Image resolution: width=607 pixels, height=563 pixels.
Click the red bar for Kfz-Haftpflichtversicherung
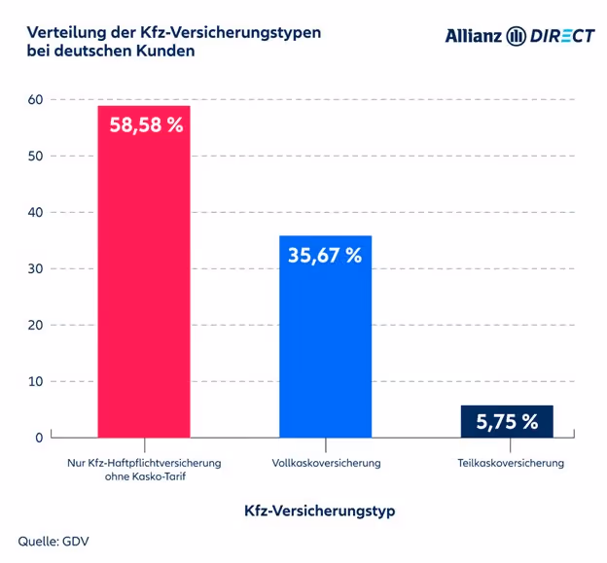point(143,292)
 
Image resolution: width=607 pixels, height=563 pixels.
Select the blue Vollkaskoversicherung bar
point(325,350)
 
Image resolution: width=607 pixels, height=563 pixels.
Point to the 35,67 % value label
point(325,256)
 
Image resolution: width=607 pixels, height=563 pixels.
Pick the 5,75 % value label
point(507,422)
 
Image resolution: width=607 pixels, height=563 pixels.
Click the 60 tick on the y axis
point(35,99)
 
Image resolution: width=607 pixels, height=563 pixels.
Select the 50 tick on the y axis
point(35,156)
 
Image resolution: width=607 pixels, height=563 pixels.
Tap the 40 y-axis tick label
point(35,212)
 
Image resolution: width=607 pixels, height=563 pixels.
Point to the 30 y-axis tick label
point(35,268)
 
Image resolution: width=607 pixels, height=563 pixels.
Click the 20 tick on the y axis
point(35,325)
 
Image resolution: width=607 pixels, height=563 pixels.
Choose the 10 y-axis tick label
point(35,381)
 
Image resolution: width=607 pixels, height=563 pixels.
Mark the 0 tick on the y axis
point(39,438)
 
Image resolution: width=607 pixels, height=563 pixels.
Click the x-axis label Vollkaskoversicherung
point(326,463)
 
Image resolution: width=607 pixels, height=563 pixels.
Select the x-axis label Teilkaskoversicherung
point(510,463)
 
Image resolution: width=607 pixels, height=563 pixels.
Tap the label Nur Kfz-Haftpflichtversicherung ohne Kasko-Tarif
point(144,470)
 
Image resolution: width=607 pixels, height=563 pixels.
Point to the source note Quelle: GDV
point(54,541)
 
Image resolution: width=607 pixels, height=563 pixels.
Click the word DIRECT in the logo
point(562,36)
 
